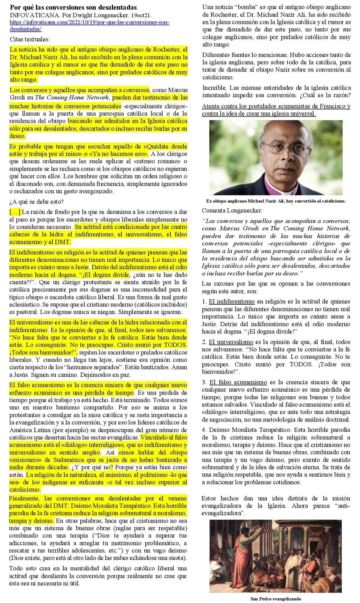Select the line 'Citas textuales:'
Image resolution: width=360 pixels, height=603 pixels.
tap(30, 39)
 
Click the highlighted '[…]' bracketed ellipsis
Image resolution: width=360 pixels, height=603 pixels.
tap(15, 212)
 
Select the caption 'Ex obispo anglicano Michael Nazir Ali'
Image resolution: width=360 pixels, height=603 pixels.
tap(276, 201)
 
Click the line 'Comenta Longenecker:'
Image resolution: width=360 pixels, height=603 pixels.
tap(232, 210)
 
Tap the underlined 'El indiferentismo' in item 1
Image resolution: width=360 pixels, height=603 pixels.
tap(232, 302)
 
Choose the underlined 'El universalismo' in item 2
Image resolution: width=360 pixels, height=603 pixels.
tap(231, 342)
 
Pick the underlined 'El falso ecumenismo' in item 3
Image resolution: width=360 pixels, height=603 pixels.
tap(238, 382)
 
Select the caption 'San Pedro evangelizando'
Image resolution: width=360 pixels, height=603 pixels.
tap(276, 599)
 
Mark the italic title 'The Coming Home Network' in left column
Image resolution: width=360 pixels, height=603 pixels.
tap(72, 97)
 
